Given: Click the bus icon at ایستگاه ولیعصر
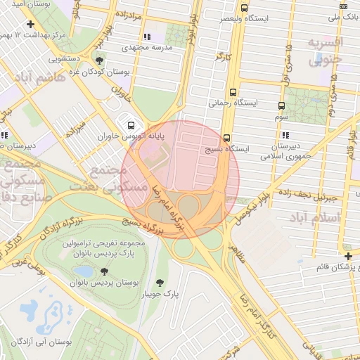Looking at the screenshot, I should click(x=244, y=8).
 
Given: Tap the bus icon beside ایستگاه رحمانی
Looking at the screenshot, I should click(x=232, y=91).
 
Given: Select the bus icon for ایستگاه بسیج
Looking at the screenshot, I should click(x=226, y=138).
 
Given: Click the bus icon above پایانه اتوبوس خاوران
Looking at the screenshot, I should click(x=129, y=124).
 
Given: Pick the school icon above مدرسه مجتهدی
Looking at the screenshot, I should click(x=146, y=37).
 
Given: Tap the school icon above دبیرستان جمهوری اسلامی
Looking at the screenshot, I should click(x=285, y=135).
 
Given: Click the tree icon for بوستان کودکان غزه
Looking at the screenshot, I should click(x=101, y=61).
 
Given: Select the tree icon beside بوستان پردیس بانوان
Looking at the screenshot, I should click(x=105, y=271).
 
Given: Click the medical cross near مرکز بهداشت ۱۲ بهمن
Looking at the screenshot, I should click(x=31, y=24).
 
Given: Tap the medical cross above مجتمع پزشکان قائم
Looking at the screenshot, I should click(x=349, y=255).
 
